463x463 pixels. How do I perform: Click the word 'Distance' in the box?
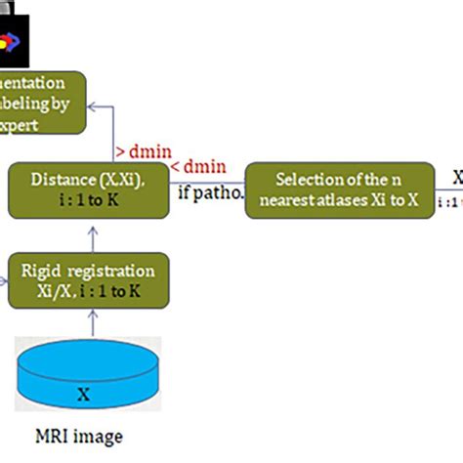click(x=58, y=179)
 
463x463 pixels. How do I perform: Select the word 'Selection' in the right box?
click(x=305, y=179)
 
